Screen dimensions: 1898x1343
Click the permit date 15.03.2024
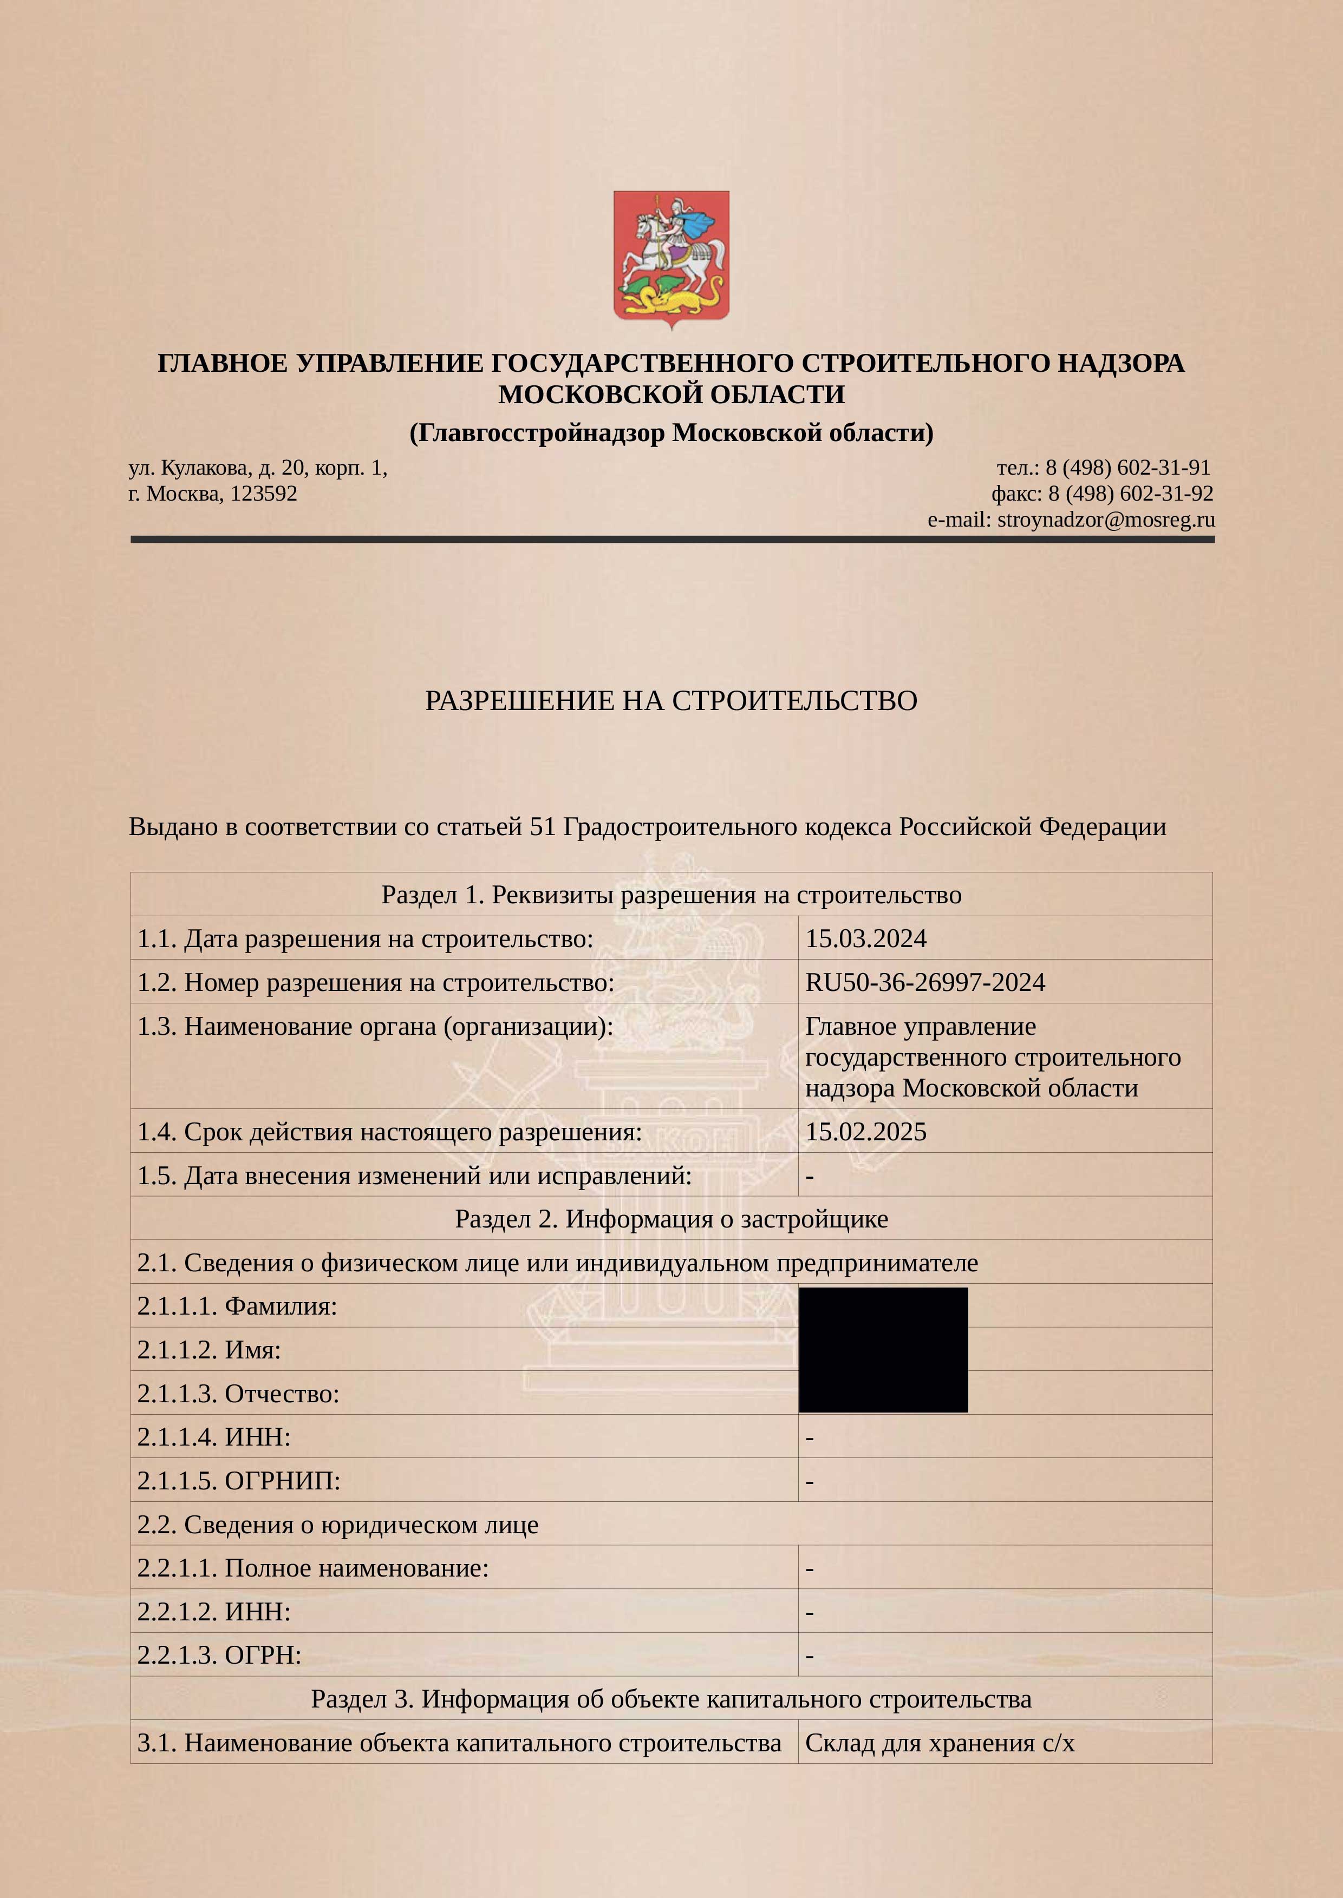point(866,938)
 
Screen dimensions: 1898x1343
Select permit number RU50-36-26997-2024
point(924,982)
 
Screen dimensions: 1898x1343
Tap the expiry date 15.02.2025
point(866,1132)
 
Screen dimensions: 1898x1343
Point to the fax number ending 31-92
point(1131,494)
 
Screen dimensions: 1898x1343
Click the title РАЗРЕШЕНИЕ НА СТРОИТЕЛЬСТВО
point(670,701)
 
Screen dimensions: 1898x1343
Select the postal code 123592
point(263,494)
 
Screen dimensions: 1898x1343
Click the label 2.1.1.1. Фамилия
point(237,1306)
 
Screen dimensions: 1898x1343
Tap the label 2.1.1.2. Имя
point(209,1350)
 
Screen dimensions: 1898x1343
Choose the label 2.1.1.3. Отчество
point(238,1394)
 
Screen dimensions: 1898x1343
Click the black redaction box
point(883,1349)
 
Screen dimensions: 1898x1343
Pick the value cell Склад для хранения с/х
point(940,1743)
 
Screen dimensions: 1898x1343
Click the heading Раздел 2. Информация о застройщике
point(670,1218)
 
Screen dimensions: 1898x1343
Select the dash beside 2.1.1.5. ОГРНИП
point(810,1481)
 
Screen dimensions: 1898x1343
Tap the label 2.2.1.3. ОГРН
point(219,1655)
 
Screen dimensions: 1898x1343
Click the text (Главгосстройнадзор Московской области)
point(670,432)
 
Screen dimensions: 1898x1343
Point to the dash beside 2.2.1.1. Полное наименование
point(810,1568)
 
